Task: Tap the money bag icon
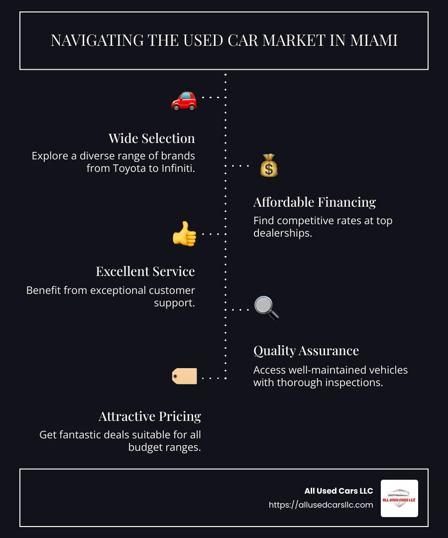269,165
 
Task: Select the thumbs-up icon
184,234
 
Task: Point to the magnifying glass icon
266,308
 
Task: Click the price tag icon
185,377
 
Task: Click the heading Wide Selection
152,138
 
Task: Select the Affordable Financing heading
315,202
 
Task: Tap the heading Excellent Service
145,271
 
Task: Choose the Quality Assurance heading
306,351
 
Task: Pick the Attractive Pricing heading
150,416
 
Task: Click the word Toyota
127,168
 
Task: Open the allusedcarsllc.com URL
321,505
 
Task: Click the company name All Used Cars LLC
338,491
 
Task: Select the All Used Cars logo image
399,498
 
